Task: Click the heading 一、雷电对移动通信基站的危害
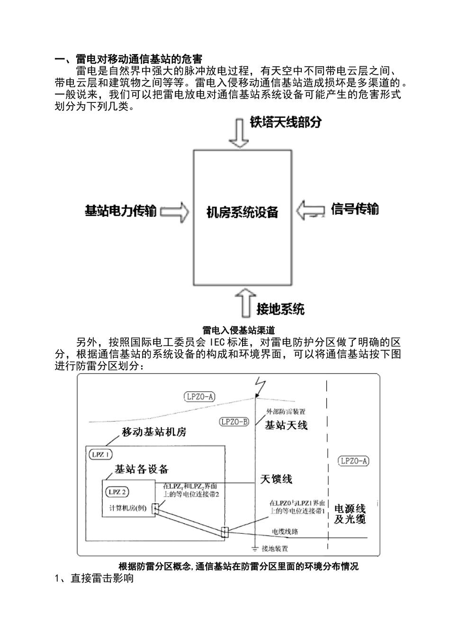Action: click(128, 59)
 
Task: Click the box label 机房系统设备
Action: click(242, 212)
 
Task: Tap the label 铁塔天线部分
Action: click(286, 122)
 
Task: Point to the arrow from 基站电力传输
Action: click(174, 211)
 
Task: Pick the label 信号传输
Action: click(354, 209)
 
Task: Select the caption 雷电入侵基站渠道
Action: click(238, 330)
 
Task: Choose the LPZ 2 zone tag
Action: click(117, 491)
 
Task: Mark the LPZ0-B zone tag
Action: click(234, 421)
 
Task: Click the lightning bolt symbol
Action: click(257, 386)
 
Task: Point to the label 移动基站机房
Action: click(154, 432)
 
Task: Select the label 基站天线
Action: click(286, 425)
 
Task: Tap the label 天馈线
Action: click(276, 479)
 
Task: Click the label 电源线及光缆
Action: click(350, 514)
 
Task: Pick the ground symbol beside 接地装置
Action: click(255, 548)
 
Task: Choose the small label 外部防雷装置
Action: click(286, 411)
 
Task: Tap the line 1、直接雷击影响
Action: click(94, 579)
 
